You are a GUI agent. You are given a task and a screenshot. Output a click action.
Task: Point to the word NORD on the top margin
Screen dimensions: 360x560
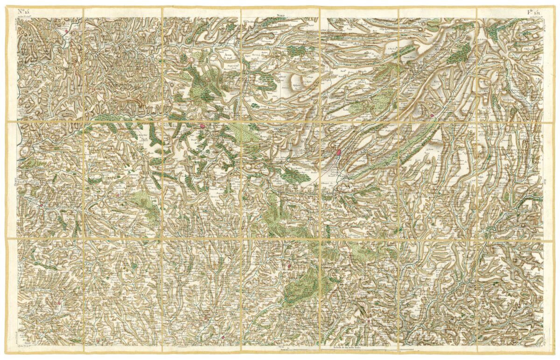(x=280, y=16)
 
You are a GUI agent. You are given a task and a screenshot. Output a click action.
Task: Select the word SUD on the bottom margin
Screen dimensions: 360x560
(x=280, y=347)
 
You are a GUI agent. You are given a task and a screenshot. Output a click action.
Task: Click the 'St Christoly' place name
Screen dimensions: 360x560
(x=251, y=21)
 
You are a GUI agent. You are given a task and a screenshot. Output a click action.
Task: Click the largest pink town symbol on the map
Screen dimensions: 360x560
(x=337, y=152)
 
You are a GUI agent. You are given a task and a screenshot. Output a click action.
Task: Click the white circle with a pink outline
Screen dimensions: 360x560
(x=191, y=60)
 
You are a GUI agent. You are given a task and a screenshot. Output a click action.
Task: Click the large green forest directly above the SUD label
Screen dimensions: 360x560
(x=303, y=285)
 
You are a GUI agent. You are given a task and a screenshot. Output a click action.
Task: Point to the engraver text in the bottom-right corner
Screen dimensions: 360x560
(x=536, y=346)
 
